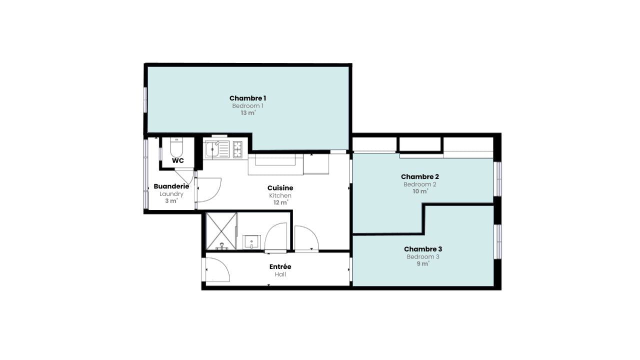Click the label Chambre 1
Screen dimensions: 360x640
(x=247, y=98)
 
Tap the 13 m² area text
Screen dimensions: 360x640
(x=247, y=113)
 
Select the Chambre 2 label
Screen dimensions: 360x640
(x=420, y=176)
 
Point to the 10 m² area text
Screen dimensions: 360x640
(x=420, y=191)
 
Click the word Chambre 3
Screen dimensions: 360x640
(x=423, y=249)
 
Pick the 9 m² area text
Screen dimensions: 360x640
(x=423, y=264)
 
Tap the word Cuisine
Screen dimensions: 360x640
(x=280, y=188)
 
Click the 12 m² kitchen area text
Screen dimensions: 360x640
(x=280, y=202)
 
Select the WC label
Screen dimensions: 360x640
(x=177, y=160)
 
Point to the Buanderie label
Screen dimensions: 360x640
(x=171, y=186)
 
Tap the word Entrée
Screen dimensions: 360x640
(x=280, y=266)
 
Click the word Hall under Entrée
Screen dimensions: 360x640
(x=280, y=274)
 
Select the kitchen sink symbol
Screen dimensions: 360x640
(x=216, y=149)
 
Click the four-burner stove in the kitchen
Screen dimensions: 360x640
(x=237, y=149)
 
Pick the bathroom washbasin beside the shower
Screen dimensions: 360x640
(x=251, y=242)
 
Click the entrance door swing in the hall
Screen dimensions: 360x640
(x=217, y=270)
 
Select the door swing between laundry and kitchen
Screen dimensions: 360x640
(x=207, y=190)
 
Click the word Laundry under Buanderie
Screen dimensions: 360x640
(x=171, y=194)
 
